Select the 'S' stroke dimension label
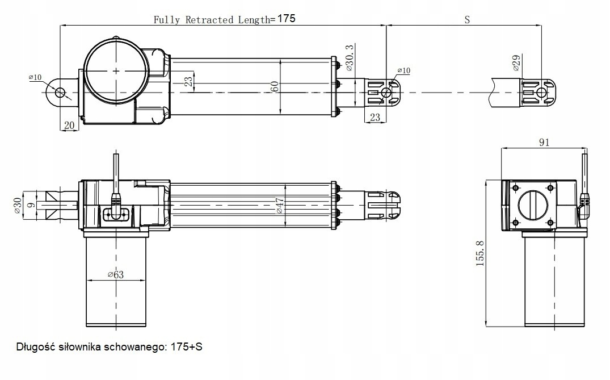[x=467, y=19]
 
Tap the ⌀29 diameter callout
[x=516, y=63]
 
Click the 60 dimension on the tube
[x=275, y=87]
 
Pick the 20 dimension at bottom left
[x=69, y=125]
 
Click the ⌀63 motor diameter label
[x=115, y=275]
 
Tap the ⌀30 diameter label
[x=17, y=205]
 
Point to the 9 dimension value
[x=32, y=201]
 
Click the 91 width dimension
[x=544, y=143]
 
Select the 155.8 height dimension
[x=481, y=253]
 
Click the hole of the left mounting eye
[x=60, y=92]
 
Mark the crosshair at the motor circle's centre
[x=116, y=71]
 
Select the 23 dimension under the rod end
[x=375, y=118]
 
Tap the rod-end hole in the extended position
[x=542, y=93]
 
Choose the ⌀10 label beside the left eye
[x=35, y=77]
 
